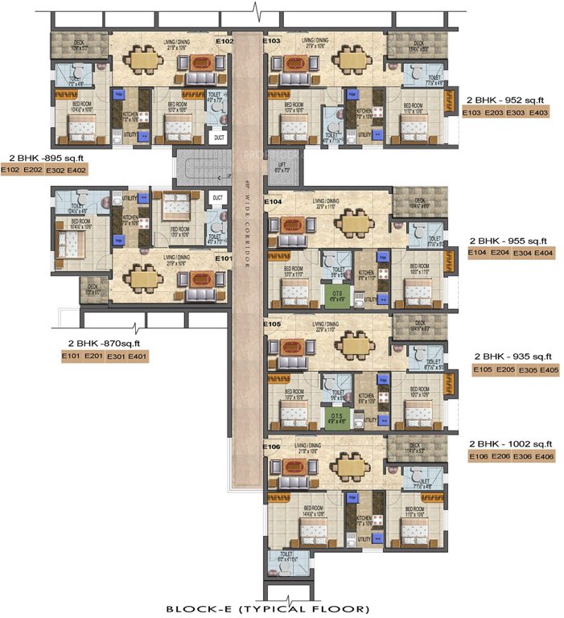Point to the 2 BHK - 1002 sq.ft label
pyautogui.click(x=510, y=443)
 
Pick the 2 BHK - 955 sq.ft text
pyautogui.click(x=511, y=241)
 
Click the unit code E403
pyautogui.click(x=538, y=113)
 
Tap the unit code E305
pyautogui.click(x=527, y=369)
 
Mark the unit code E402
pyautogui.click(x=77, y=171)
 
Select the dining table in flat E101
pyautogui.click(x=144, y=278)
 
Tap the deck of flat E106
pyautogui.click(x=414, y=448)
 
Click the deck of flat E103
pyautogui.click(x=418, y=46)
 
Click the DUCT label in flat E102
pyautogui.click(x=218, y=138)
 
